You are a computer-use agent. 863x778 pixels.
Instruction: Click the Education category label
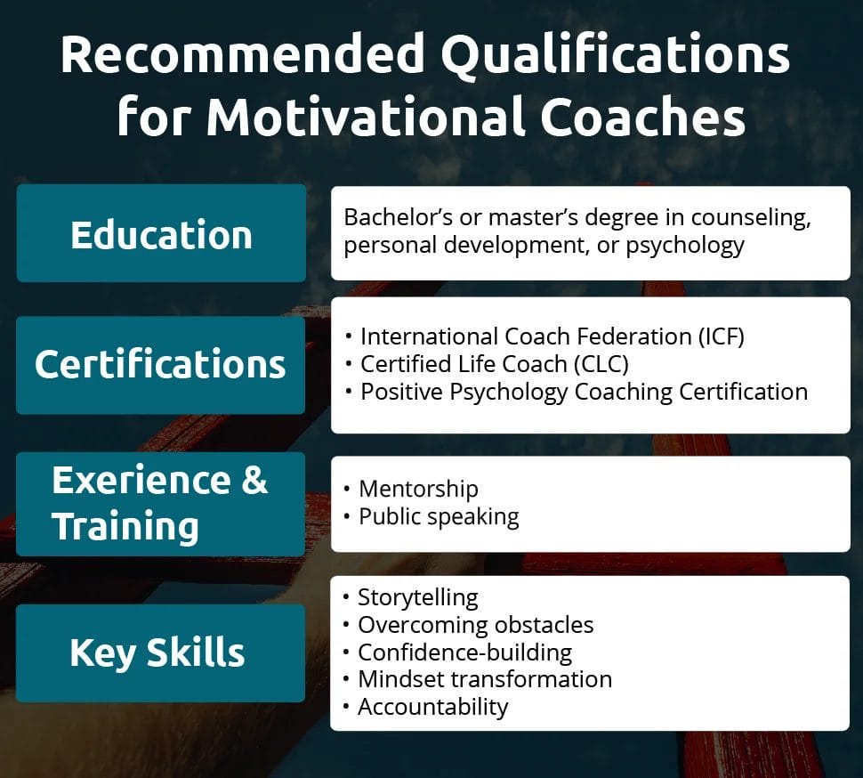pyautogui.click(x=161, y=234)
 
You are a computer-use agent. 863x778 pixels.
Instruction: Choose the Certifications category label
pyautogui.click(x=160, y=365)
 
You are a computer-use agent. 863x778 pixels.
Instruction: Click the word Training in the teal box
pyautogui.click(x=125, y=526)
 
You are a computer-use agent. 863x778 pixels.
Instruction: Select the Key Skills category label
pyautogui.click(x=157, y=652)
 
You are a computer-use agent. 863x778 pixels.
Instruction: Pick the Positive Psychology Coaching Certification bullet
pyautogui.click(x=583, y=392)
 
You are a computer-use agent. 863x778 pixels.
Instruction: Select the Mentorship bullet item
pyautogui.click(x=418, y=489)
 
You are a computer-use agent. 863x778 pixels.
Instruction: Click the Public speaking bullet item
pyautogui.click(x=438, y=516)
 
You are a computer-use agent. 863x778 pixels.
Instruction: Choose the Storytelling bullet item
pyautogui.click(x=417, y=597)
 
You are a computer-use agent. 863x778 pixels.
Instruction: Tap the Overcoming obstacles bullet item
pyautogui.click(x=475, y=625)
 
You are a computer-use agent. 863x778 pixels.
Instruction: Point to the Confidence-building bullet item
pyautogui.click(x=464, y=652)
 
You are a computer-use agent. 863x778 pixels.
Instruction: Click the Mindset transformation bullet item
pyautogui.click(x=484, y=679)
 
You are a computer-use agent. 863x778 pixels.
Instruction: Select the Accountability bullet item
pyautogui.click(x=432, y=707)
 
